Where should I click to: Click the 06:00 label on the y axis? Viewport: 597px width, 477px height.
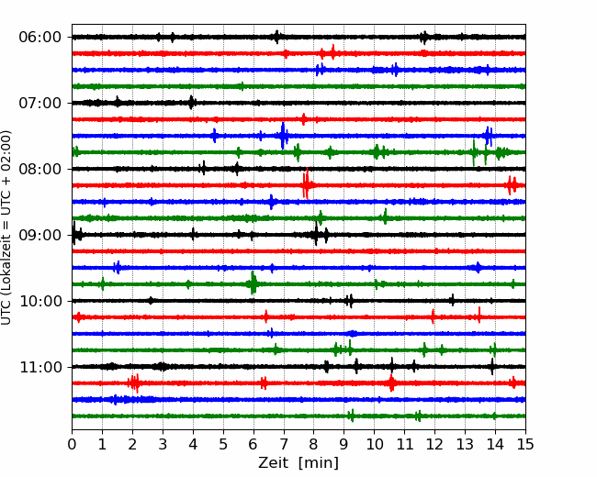coord(39,38)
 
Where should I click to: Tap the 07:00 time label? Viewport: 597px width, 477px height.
coord(39,103)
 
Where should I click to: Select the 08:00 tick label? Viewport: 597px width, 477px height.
coord(39,169)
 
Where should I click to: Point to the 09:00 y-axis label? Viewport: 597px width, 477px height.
coord(39,235)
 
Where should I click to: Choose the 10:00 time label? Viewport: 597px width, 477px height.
coord(39,301)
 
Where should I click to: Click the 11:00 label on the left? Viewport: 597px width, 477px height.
coord(39,367)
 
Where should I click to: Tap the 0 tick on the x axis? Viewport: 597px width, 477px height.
coord(72,444)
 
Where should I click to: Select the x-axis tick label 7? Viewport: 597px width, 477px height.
coord(284,444)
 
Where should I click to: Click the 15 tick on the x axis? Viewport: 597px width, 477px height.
coord(525,444)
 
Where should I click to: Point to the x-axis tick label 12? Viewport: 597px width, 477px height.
coord(434,444)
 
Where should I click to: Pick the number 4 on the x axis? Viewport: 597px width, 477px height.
coord(193,444)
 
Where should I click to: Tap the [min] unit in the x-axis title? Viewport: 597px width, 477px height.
coord(319,463)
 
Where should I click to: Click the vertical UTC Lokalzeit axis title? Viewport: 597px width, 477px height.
coord(6,227)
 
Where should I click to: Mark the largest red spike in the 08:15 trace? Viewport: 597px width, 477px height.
coord(306,184)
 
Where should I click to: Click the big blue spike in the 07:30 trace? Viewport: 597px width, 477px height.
coord(283,136)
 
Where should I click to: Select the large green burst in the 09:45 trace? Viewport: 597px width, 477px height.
coord(253,283)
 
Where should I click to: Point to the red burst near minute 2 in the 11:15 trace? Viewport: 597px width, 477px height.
coord(134,383)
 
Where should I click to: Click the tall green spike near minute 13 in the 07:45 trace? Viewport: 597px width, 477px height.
coord(474,152)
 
